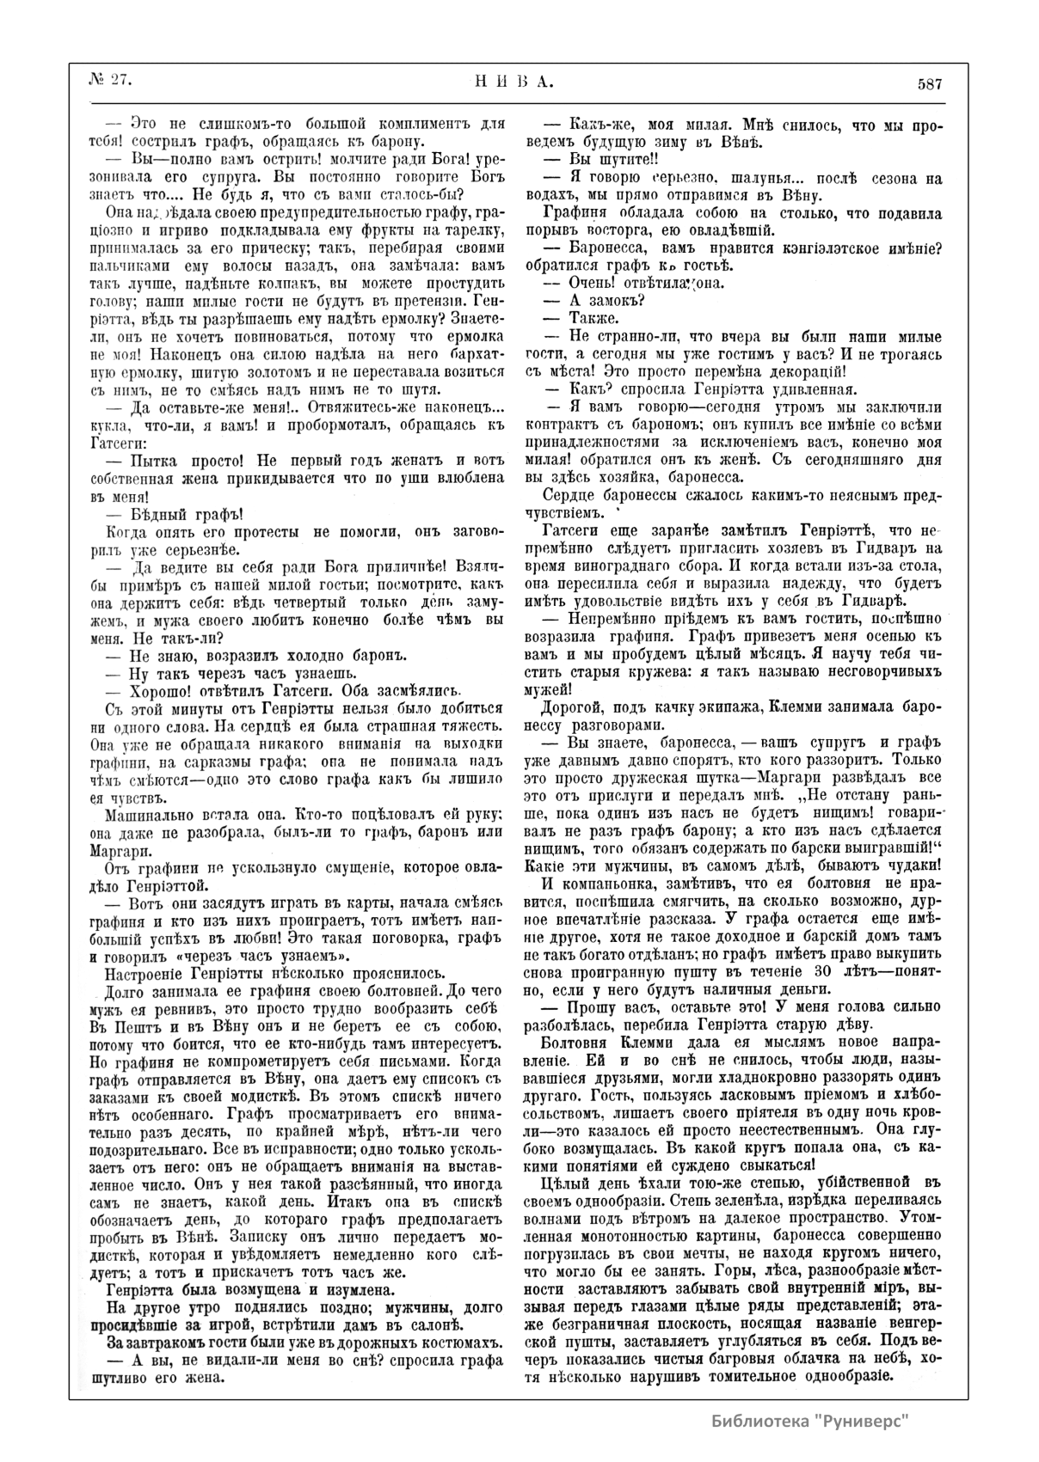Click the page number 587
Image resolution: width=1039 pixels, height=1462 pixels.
pyautogui.click(x=930, y=84)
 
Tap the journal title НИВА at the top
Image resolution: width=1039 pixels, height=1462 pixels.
pyautogui.click(x=513, y=83)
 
